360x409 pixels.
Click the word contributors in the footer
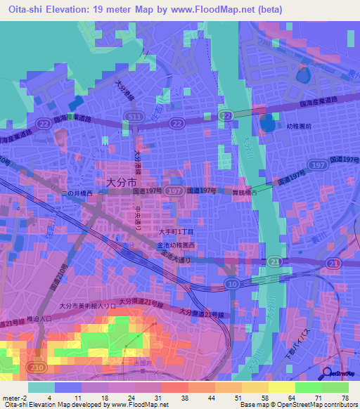(x=340, y=405)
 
